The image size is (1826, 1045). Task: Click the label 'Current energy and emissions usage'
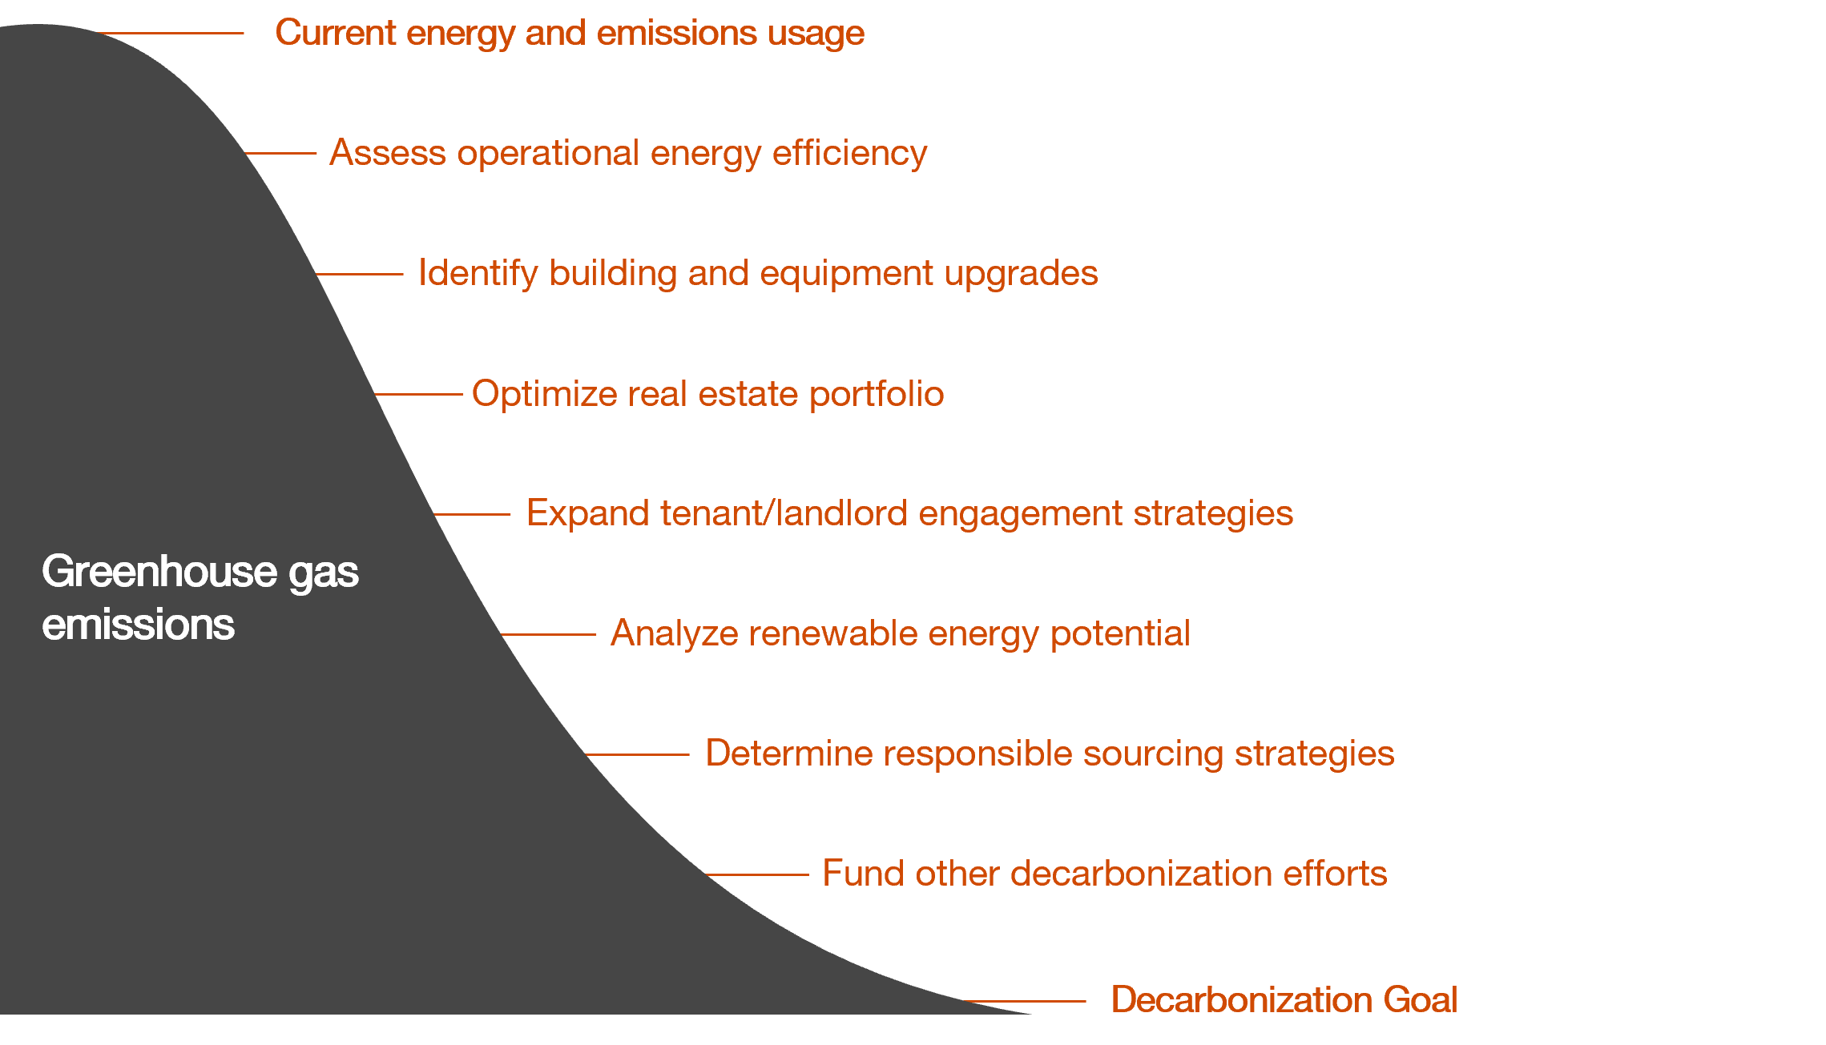tap(570, 34)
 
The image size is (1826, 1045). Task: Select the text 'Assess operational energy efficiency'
tap(628, 153)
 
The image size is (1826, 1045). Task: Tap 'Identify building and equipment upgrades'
tap(758, 273)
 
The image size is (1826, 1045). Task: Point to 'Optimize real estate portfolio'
tap(707, 394)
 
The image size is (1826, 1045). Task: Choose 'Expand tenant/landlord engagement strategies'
tap(909, 513)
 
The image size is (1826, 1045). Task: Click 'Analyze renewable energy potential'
tap(900, 633)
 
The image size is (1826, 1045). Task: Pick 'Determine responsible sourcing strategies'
tap(1050, 754)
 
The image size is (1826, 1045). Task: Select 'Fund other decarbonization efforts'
tap(1104, 874)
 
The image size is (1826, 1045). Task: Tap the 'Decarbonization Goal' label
tap(1284, 1000)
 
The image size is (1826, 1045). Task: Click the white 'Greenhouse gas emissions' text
tap(200, 597)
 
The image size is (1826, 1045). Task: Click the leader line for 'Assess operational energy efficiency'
tap(281, 153)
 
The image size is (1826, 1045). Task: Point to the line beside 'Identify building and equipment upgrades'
tap(360, 274)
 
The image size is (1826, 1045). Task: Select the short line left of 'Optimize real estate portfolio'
tap(419, 394)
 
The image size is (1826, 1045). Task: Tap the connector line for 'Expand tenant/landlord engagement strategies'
tap(472, 514)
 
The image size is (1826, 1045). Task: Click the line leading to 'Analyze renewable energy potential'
tap(549, 634)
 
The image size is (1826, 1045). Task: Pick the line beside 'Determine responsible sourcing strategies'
tap(638, 754)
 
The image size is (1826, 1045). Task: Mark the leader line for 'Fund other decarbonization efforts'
tap(758, 874)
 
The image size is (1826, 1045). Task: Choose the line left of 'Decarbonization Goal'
tap(1026, 1001)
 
